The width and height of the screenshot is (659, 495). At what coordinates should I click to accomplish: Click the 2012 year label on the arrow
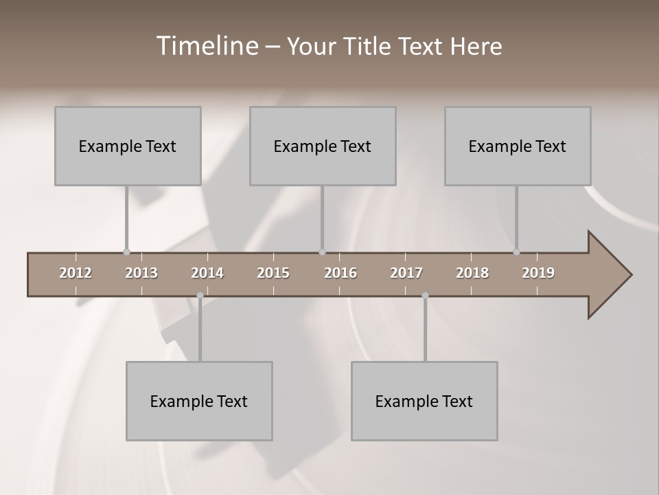point(76,273)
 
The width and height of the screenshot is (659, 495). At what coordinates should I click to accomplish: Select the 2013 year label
point(141,273)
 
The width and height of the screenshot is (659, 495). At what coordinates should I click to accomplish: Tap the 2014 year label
point(207,273)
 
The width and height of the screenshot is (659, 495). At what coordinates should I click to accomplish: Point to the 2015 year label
point(273,273)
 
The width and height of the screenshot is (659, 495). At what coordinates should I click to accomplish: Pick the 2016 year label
point(340,273)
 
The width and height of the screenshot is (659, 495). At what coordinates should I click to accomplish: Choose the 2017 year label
point(406,273)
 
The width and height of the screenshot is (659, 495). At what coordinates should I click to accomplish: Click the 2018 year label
point(472,273)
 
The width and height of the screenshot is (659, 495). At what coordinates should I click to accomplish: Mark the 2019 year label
point(538,273)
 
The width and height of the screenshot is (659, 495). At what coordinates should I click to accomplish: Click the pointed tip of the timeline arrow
point(630,275)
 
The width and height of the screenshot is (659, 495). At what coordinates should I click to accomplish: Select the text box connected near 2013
point(128,146)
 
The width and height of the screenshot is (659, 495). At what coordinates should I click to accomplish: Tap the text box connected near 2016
point(323,146)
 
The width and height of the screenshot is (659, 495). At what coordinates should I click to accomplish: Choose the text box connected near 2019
point(518,146)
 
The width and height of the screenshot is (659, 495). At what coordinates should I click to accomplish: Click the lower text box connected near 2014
point(199,401)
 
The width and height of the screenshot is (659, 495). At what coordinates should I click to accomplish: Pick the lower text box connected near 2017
point(424,401)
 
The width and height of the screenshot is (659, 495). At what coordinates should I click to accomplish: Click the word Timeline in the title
point(206,46)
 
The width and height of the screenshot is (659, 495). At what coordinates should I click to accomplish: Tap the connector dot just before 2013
point(126,252)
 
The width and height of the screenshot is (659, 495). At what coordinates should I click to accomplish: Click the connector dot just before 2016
point(322,252)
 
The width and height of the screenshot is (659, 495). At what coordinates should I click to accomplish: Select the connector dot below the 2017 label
point(425,296)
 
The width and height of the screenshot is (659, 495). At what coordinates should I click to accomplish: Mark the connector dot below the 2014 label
point(200,296)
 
